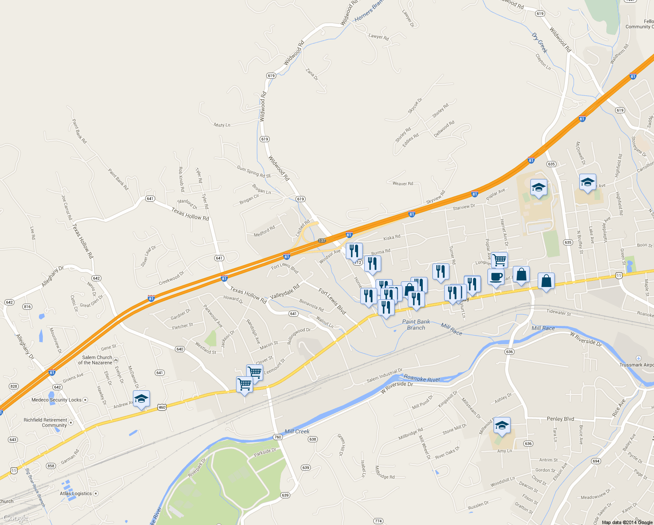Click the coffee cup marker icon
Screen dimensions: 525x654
(x=496, y=277)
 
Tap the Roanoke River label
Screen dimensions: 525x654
(x=421, y=378)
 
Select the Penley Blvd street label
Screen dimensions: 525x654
(x=560, y=419)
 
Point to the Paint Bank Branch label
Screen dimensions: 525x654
(x=416, y=325)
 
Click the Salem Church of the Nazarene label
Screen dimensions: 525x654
(x=97, y=360)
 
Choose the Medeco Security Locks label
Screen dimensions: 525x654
(x=56, y=400)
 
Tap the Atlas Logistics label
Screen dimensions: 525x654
(x=76, y=493)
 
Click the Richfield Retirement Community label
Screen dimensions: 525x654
(x=45, y=423)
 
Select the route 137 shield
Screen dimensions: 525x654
(x=322, y=241)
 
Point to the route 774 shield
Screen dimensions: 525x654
(x=379, y=521)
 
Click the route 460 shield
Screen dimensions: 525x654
(x=162, y=407)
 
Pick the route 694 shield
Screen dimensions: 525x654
(x=596, y=461)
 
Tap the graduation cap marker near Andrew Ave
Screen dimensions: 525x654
(x=141, y=399)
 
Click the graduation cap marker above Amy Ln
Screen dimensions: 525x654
(x=502, y=425)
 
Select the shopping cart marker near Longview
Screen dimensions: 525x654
(x=499, y=259)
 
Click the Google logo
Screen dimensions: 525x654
(x=16, y=518)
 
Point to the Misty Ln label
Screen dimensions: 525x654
(x=222, y=125)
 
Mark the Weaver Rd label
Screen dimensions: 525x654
(x=403, y=184)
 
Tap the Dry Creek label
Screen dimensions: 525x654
(x=539, y=42)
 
